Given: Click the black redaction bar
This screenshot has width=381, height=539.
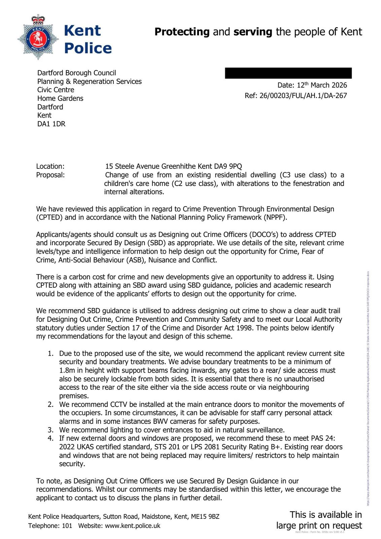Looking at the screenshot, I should pyautogui.click(x=288, y=73).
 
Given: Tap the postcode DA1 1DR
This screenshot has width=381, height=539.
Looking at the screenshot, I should pyautogui.click(x=51, y=124).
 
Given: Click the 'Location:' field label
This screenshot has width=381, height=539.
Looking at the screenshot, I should pyautogui.click(x=50, y=166).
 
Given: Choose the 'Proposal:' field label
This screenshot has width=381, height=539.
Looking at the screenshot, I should pyautogui.click(x=50, y=175).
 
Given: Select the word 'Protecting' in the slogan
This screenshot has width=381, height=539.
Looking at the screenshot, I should pyautogui.click(x=182, y=32).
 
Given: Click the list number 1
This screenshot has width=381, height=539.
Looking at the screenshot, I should pyautogui.click(x=50, y=354).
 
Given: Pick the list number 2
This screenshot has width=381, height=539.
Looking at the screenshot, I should pyautogui.click(x=50, y=405).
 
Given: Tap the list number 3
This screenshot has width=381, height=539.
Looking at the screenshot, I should pyautogui.click(x=50, y=430).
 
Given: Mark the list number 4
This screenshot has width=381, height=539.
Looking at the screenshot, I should pyautogui.click(x=50, y=438).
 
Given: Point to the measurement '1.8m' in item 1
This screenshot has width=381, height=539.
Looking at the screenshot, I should pyautogui.click(x=67, y=371).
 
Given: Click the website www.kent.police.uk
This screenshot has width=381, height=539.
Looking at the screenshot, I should pyautogui.click(x=133, y=526).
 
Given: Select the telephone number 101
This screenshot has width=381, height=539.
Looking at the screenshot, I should pyautogui.click(x=67, y=526).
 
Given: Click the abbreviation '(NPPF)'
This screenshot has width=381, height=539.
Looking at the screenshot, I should pyautogui.click(x=276, y=217).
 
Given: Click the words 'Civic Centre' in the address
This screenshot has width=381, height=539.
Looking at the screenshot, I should pyautogui.click(x=56, y=90).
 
